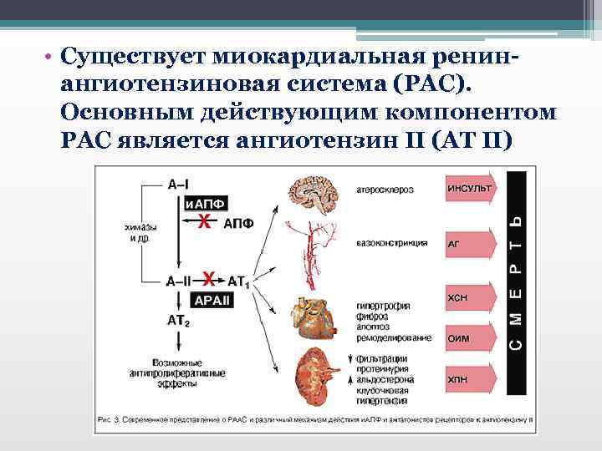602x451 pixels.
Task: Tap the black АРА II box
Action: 214,300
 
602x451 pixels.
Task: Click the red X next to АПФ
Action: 203,220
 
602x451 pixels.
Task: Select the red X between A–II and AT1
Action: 210,279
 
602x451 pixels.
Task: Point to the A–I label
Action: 178,185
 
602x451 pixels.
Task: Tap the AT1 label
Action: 238,281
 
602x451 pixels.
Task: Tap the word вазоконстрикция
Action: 392,243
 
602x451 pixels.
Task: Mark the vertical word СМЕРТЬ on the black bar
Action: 515,282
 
